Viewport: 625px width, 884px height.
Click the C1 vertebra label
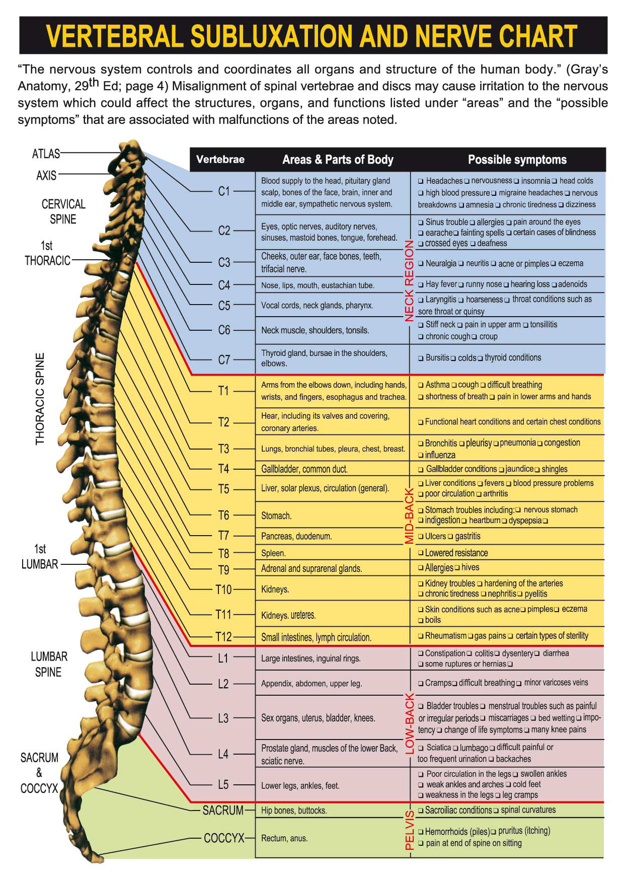pyautogui.click(x=223, y=191)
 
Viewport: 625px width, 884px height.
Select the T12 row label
pyautogui.click(x=223, y=637)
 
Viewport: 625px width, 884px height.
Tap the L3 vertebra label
pyautogui.click(x=223, y=718)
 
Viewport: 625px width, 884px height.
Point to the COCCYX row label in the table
pyautogui.click(x=224, y=838)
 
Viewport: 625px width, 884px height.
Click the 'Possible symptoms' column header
pyautogui.click(x=517, y=160)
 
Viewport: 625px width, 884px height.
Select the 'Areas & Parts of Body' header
pyautogui.click(x=338, y=160)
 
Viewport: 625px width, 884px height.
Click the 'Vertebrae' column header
pyautogui.click(x=220, y=160)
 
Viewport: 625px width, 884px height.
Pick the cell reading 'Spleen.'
pyautogui.click(x=273, y=553)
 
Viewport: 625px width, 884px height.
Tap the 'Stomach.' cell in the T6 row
pyautogui.click(x=276, y=516)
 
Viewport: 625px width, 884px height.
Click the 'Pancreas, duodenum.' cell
pyautogui.click(x=296, y=537)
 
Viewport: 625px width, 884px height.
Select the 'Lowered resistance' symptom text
pyautogui.click(x=456, y=553)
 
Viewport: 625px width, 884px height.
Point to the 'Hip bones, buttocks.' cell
pyautogui.click(x=294, y=811)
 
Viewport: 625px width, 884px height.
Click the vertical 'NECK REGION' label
pyautogui.click(x=409, y=281)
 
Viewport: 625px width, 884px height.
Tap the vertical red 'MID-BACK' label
pyautogui.click(x=409, y=516)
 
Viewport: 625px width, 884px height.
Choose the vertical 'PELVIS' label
pyautogui.click(x=409, y=830)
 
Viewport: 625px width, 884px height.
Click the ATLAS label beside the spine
pyautogui.click(x=46, y=154)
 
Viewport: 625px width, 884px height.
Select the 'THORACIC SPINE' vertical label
pyautogui.click(x=40, y=399)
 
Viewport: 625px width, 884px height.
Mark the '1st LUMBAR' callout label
pyautogui.click(x=40, y=557)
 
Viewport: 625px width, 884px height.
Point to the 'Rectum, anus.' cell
pyautogui.click(x=284, y=838)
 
